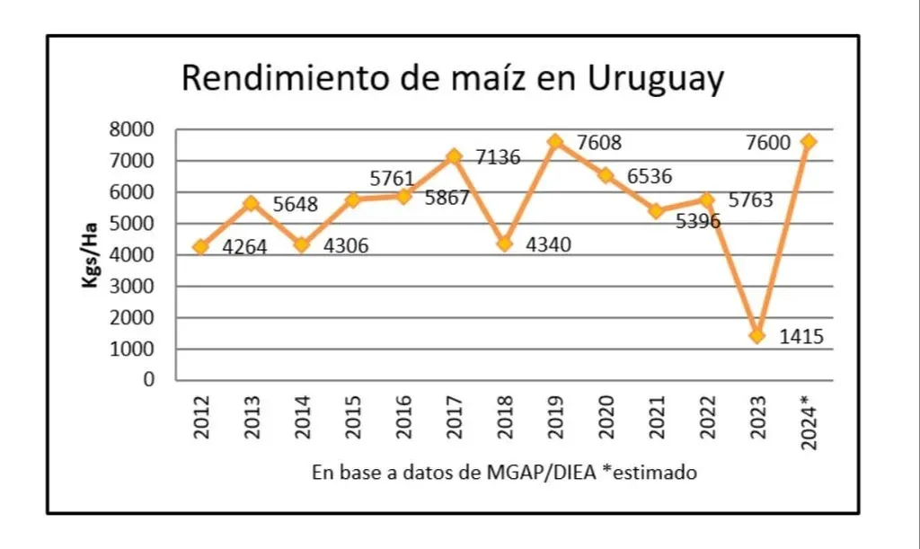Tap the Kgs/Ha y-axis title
[x=90, y=255]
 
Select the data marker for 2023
[x=756, y=336]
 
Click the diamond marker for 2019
[x=555, y=142]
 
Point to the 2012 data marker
[x=200, y=246]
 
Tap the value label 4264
[x=244, y=246]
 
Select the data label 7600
[x=767, y=143]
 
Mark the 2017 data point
[x=454, y=156]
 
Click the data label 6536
[x=648, y=176]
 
